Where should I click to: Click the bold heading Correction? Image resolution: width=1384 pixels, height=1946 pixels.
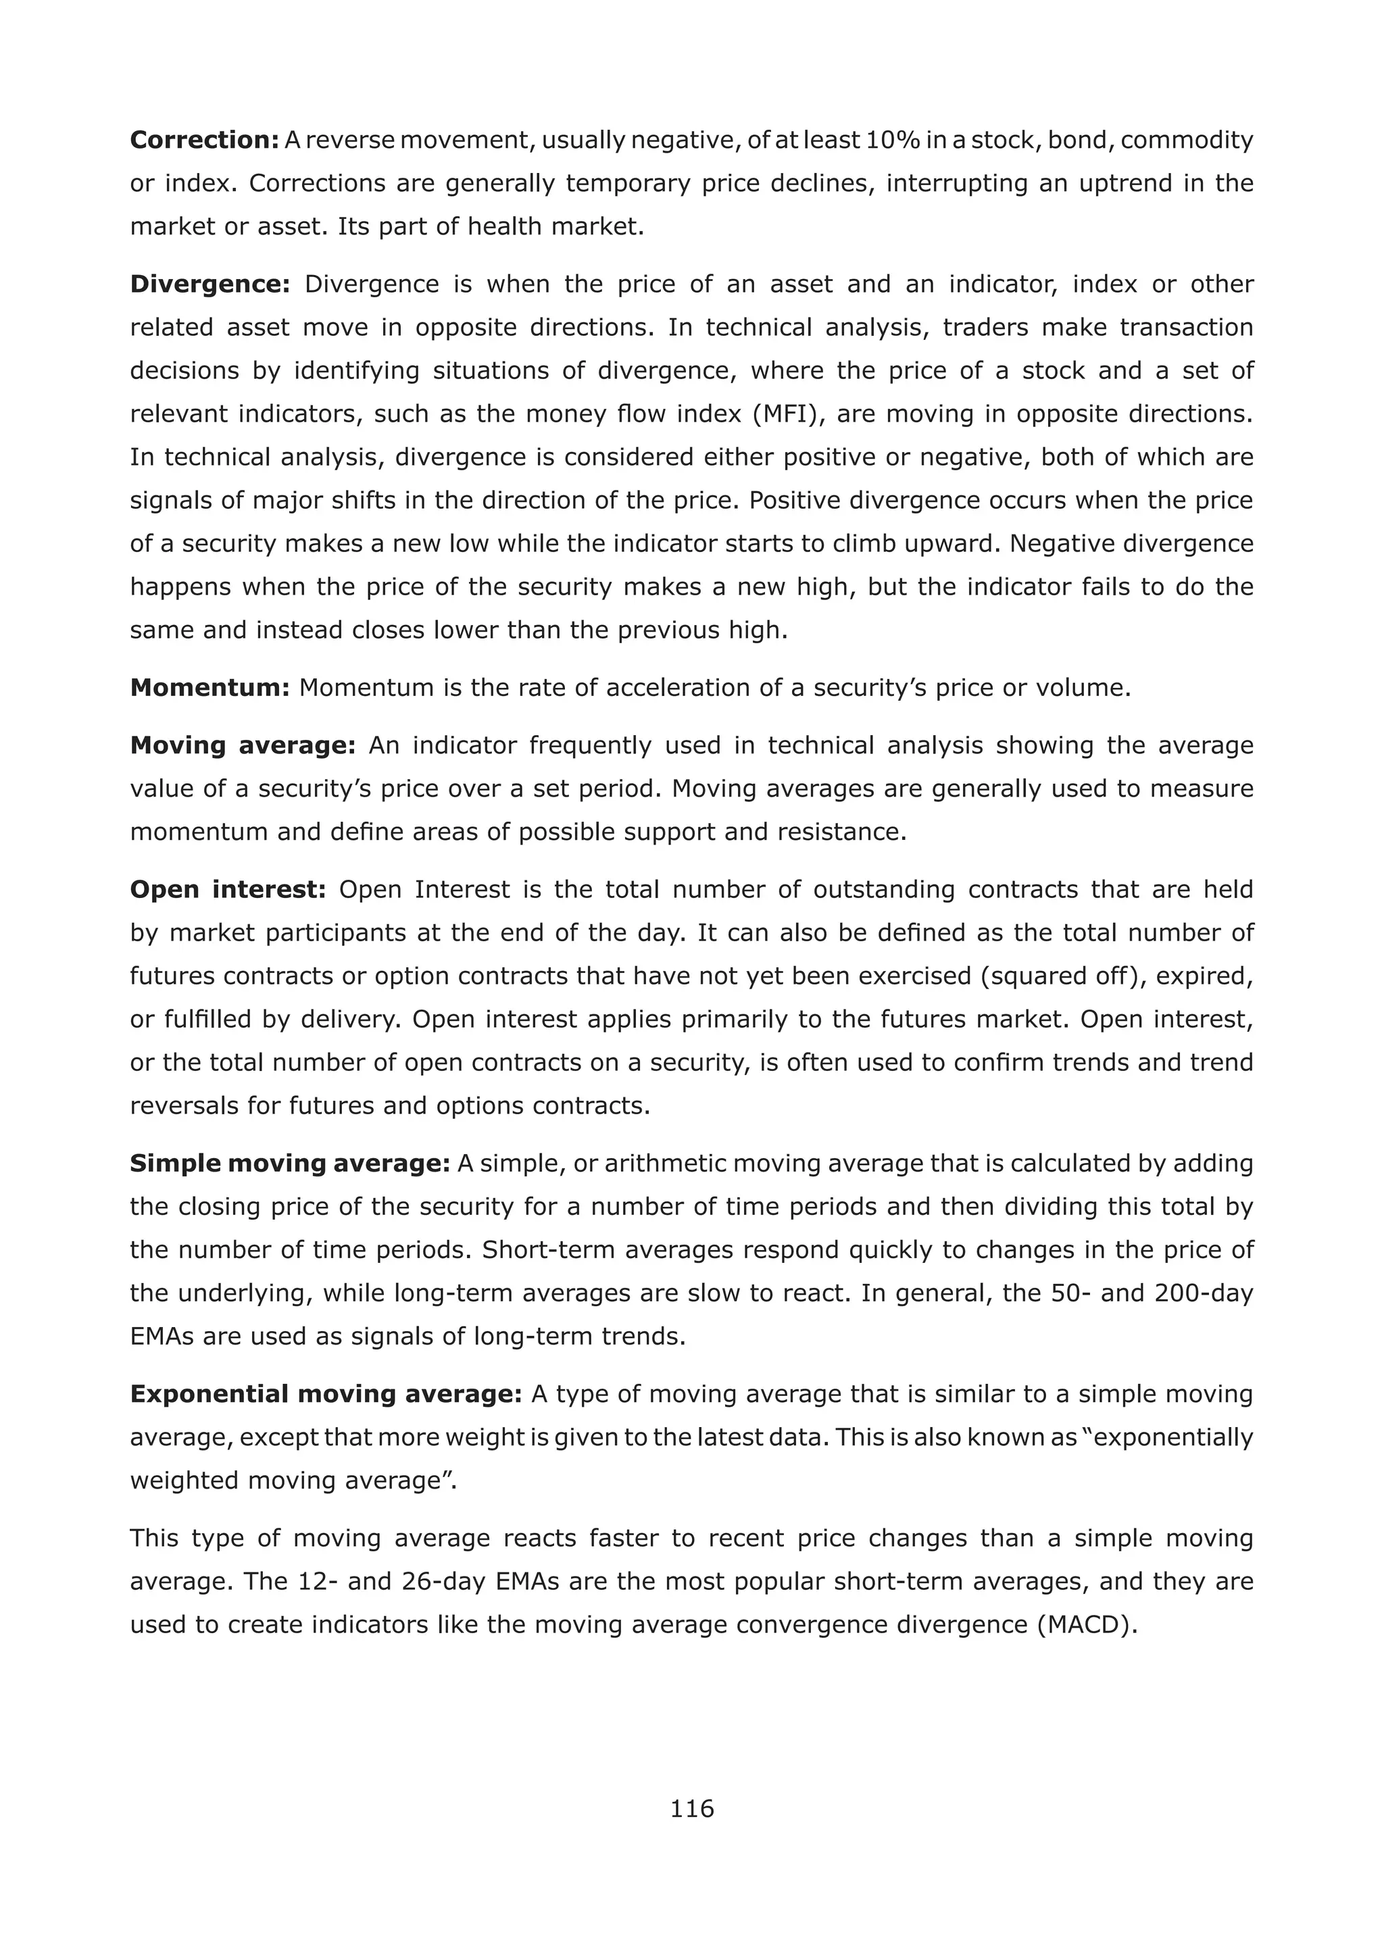205,140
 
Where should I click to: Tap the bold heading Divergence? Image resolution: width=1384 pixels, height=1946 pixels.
210,284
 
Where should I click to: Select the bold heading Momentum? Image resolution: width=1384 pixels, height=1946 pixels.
210,688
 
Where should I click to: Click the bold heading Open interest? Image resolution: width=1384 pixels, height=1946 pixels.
228,889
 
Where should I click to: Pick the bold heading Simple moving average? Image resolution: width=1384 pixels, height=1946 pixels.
290,1163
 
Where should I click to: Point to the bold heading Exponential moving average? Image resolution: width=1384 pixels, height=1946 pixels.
326,1394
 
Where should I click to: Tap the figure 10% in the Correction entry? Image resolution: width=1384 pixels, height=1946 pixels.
892,140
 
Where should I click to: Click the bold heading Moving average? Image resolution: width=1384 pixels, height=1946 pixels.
243,745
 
